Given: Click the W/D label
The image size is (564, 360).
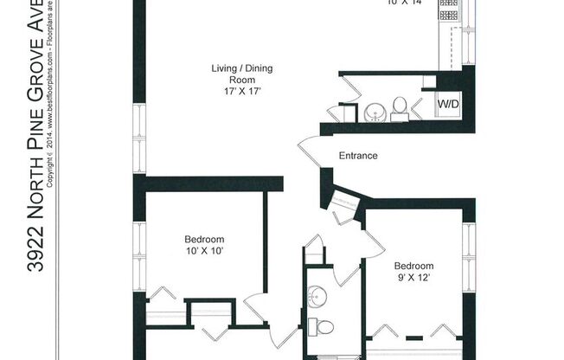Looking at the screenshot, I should tap(449, 104).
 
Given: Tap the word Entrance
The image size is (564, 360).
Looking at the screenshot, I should tap(358, 157).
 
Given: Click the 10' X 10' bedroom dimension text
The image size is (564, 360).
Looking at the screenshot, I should tap(204, 252).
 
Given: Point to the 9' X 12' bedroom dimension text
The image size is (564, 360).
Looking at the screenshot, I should tap(413, 278).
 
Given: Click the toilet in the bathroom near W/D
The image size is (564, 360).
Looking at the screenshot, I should tap(400, 108).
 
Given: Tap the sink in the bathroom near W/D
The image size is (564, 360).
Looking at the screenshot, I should tap(374, 112).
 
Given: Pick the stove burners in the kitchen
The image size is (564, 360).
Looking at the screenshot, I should tap(448, 10).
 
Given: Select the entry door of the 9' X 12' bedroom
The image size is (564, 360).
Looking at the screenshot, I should tap(350, 272).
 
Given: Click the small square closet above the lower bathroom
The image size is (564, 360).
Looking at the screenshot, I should tap(314, 254).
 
